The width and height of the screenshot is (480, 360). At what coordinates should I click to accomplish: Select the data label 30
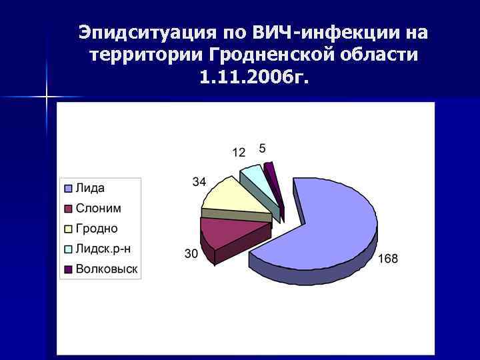[191, 253]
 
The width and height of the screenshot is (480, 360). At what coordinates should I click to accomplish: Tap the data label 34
[199, 181]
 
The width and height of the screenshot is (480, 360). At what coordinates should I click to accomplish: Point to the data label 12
[239, 153]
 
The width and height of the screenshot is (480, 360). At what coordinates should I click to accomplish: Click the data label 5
[262, 147]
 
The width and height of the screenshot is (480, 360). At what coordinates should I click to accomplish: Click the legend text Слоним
[98, 209]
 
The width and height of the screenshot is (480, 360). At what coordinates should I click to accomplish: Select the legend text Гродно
[97, 229]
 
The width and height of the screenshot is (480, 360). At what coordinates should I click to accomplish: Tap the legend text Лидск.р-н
[103, 249]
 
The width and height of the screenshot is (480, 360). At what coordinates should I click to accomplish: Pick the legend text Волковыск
[107, 269]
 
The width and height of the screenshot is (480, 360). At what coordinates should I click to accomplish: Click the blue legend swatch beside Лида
[67, 188]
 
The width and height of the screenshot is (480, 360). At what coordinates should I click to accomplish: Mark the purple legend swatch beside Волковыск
[67, 269]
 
